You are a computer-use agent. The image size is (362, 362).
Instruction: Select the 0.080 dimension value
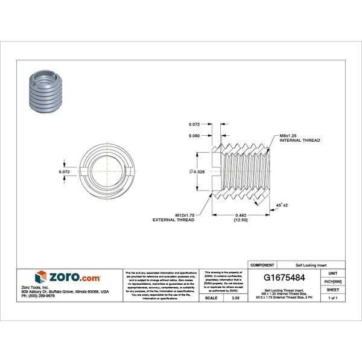194,136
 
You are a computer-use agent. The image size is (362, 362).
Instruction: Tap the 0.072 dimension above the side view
194,124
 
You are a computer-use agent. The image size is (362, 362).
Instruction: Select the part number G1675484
284,278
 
